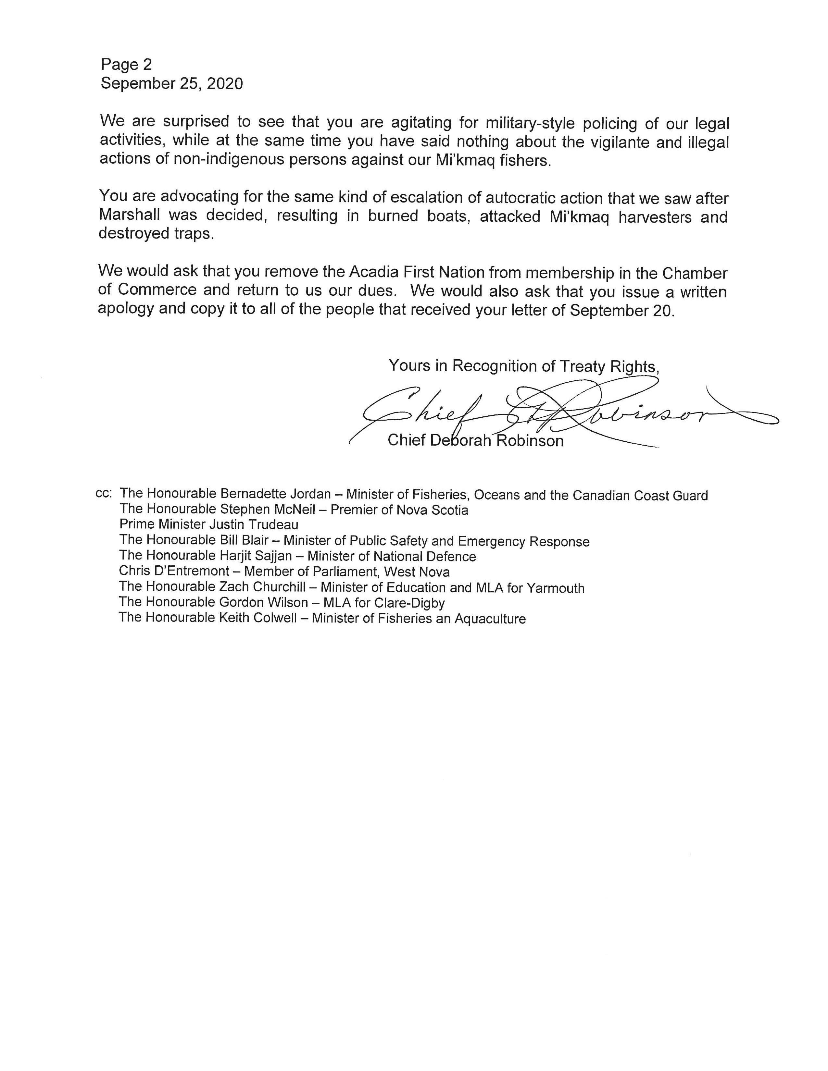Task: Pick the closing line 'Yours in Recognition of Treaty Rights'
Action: pyautogui.click(x=523, y=366)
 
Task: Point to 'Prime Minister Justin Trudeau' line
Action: pyautogui.click(x=209, y=524)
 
